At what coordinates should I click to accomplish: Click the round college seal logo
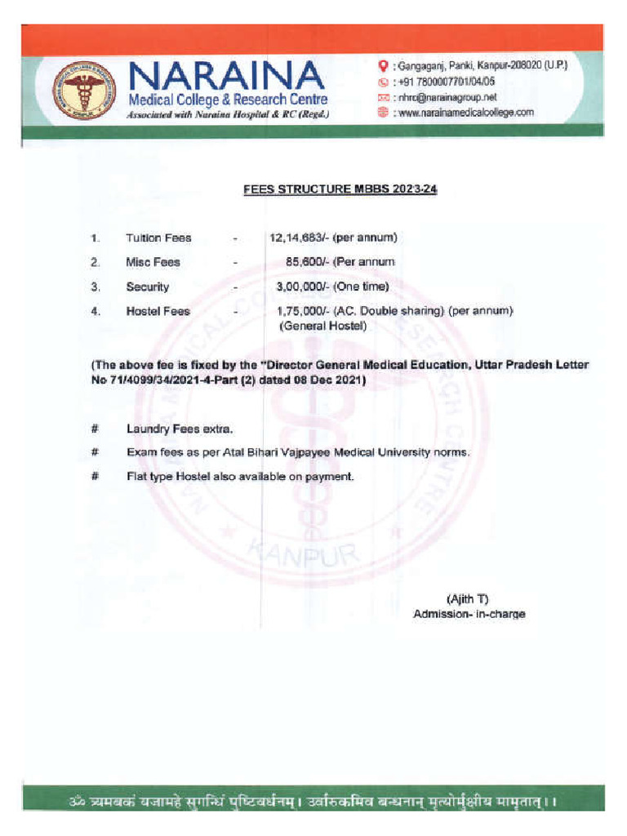point(84,91)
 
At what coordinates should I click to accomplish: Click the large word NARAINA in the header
point(225,78)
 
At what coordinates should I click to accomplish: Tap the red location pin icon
point(382,65)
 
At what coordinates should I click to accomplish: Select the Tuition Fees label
point(158,238)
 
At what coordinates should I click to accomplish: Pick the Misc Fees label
point(153,263)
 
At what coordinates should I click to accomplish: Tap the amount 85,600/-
point(305,262)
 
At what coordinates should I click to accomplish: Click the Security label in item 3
point(147,287)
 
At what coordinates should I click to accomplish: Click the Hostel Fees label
point(158,312)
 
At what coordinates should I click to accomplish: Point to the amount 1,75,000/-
point(302,311)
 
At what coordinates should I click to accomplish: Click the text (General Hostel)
point(323,326)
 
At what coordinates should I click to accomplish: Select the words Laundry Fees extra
point(180,429)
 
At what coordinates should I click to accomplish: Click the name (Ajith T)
point(468,598)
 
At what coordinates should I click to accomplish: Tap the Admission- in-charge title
point(469,614)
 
